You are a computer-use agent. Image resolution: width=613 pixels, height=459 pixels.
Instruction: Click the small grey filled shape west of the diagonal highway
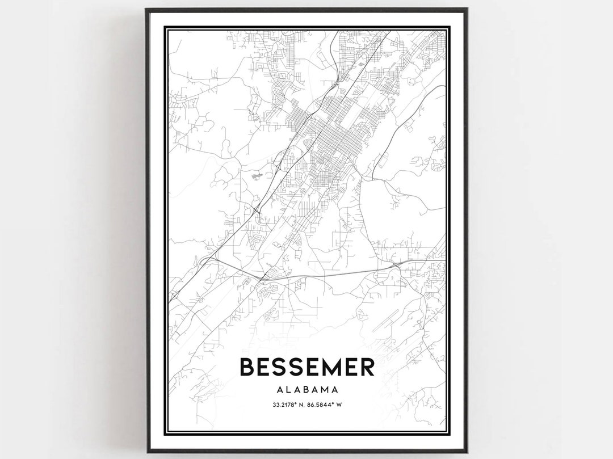(255, 176)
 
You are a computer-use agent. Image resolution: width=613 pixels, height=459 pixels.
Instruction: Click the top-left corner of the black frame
(146, 9)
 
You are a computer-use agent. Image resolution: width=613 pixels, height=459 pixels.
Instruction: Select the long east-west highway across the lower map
(329, 273)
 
